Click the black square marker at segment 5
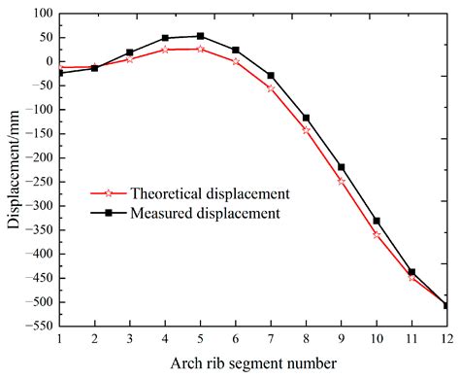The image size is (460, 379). pyautogui.click(x=200, y=36)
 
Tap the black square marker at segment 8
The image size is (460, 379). pyautogui.click(x=306, y=118)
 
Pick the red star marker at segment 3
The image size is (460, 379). pyautogui.click(x=129, y=59)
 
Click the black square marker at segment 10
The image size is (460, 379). pyautogui.click(x=376, y=222)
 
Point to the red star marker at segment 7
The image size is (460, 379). pyautogui.click(x=271, y=88)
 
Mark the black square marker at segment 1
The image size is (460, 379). pyautogui.click(x=59, y=73)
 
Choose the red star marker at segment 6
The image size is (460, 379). pyautogui.click(x=235, y=61)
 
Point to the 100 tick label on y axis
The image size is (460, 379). pyautogui.click(x=41, y=14)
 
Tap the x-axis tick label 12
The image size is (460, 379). pyautogui.click(x=445, y=338)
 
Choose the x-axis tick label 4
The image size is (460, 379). pyautogui.click(x=165, y=338)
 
